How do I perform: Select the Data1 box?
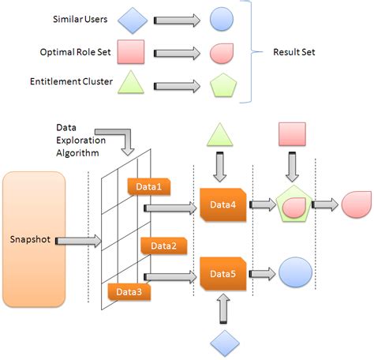point(149,186)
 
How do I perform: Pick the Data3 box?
point(129,292)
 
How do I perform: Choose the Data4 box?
point(223,205)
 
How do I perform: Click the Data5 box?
point(223,273)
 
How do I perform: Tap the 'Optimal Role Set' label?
point(74,52)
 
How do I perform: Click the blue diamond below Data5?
point(222,342)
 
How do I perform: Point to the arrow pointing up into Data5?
point(222,309)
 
